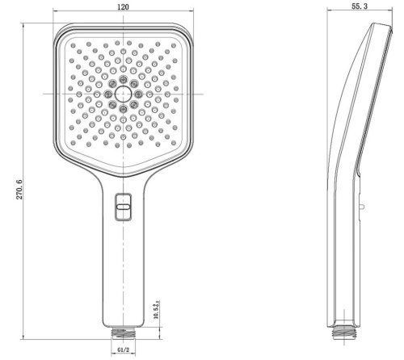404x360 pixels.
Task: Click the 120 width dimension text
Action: (124, 7)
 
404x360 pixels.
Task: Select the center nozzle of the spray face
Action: (124, 94)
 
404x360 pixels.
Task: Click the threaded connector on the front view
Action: (124, 332)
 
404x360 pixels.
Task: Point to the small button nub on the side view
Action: (362, 207)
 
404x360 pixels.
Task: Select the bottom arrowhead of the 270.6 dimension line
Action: (23, 336)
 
